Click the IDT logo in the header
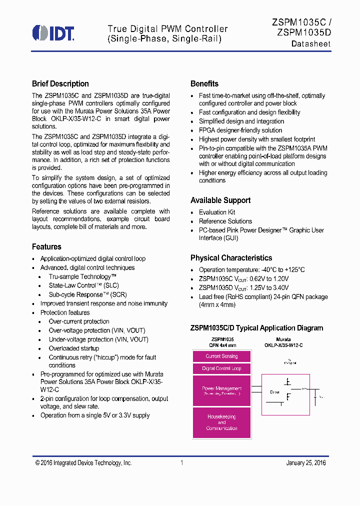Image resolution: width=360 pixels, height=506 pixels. (x=53, y=32)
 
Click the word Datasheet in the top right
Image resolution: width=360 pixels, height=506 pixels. (x=311, y=44)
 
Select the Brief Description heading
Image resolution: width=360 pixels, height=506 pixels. (x=60, y=83)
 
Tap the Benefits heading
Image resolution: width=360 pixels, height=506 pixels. (x=204, y=83)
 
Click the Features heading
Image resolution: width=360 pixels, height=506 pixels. (x=46, y=246)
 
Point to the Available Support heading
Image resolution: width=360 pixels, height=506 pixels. (x=220, y=200)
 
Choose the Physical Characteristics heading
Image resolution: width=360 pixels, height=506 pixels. (x=231, y=257)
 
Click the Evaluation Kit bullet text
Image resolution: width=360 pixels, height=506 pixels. (x=217, y=212)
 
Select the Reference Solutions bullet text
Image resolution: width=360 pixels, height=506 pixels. (x=225, y=221)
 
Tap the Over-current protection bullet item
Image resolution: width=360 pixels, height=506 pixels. (x=79, y=321)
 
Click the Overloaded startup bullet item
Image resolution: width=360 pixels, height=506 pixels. (x=74, y=348)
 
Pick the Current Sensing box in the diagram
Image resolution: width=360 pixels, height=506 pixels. (x=221, y=356)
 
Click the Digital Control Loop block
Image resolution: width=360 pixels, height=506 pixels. (x=221, y=368)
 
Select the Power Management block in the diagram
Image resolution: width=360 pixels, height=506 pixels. (x=221, y=390)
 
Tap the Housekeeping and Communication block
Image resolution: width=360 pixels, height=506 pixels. (x=221, y=422)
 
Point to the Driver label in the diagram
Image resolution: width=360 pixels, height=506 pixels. (x=274, y=392)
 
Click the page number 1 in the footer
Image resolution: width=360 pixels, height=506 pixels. (x=182, y=463)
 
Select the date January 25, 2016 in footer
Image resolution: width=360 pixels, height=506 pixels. (x=306, y=463)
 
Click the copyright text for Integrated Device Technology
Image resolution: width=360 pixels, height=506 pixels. (x=83, y=463)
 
